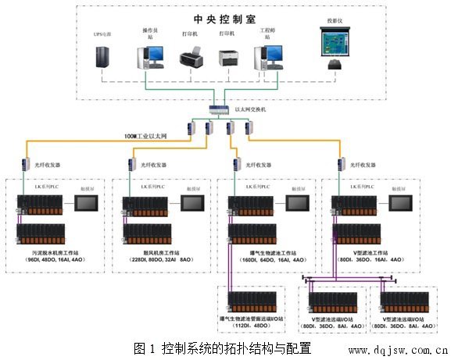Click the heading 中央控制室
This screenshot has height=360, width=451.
224,17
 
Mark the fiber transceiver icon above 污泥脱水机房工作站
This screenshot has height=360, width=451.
25,164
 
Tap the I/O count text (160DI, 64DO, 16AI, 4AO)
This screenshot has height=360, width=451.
267,260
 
